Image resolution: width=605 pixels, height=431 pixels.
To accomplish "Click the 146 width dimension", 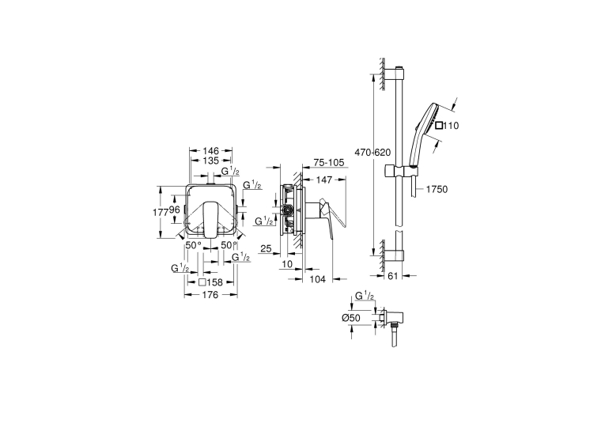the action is click(210, 150).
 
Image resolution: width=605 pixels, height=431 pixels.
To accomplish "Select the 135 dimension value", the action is click(210, 161).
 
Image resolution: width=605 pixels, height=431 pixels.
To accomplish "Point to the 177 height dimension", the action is click(160, 212).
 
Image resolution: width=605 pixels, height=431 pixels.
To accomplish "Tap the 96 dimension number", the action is click(175, 210).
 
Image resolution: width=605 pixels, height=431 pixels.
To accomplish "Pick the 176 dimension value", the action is click(210, 295).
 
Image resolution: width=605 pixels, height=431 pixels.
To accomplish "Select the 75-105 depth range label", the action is click(329, 163).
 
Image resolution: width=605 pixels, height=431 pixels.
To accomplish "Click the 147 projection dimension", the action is click(324, 180).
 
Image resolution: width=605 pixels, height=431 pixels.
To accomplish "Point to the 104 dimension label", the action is click(318, 279).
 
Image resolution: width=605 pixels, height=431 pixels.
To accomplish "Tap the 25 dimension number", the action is click(266, 249).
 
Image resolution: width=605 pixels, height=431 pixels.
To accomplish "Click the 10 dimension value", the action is click(287, 264).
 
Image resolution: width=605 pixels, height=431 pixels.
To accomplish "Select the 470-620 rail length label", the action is click(372, 153).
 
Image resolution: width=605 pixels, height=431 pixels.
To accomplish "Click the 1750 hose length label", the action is click(437, 189).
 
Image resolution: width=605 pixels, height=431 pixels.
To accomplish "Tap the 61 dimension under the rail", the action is click(392, 276).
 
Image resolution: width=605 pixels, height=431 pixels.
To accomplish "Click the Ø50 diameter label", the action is click(350, 318).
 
